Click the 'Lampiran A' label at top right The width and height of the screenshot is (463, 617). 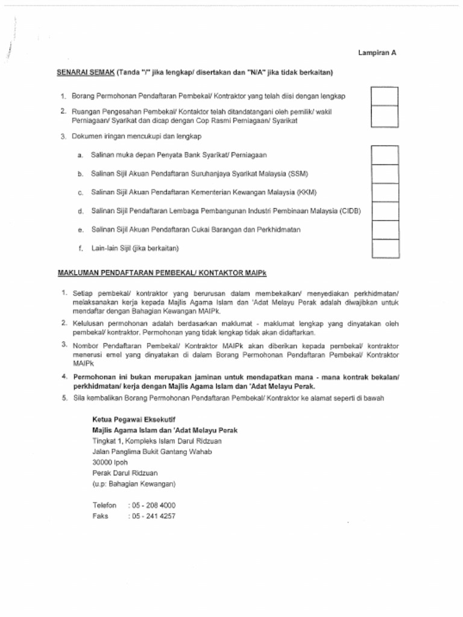(x=377, y=53)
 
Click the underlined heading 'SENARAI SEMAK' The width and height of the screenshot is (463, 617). (x=86, y=72)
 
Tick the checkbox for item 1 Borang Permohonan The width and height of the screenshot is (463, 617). (x=385, y=96)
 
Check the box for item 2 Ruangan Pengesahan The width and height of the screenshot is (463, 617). (x=385, y=116)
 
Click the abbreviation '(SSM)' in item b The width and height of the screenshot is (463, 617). (x=297, y=174)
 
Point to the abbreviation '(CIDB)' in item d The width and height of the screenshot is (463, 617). (x=350, y=211)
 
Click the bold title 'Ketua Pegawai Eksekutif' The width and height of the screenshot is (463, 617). (x=129, y=419)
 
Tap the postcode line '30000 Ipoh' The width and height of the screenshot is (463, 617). (x=110, y=463)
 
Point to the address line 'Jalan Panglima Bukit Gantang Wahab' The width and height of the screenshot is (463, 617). (x=152, y=452)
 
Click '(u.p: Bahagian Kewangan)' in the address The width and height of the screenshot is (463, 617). (x=134, y=484)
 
